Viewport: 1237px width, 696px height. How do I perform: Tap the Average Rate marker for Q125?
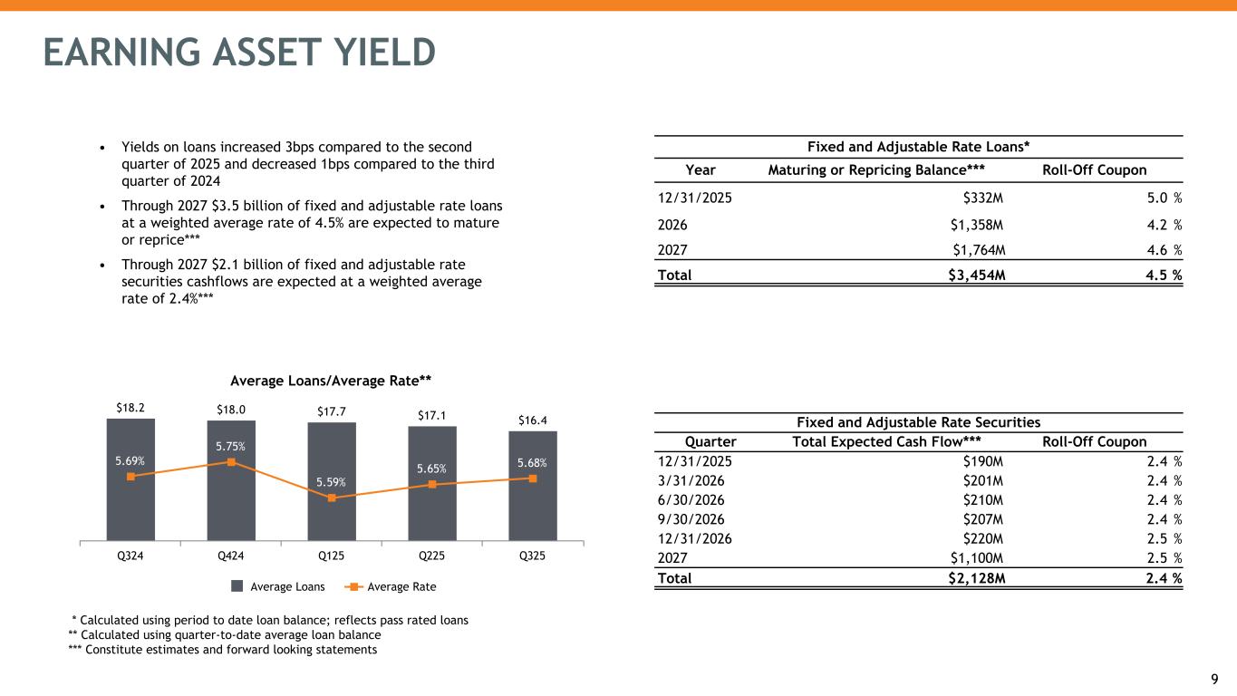click(x=332, y=498)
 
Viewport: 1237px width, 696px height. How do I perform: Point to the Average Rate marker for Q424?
click(x=231, y=462)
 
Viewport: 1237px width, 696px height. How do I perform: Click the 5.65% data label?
click(x=431, y=469)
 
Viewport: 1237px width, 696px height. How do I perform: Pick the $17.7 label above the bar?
click(x=331, y=412)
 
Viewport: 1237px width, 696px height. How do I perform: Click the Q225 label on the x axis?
click(x=431, y=557)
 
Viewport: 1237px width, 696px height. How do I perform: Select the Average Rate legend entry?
click(x=391, y=587)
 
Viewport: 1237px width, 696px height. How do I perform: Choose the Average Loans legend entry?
click(x=276, y=587)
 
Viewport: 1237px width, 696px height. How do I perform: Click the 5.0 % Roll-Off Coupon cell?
click(x=1162, y=198)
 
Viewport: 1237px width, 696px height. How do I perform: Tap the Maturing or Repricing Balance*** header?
click(x=876, y=169)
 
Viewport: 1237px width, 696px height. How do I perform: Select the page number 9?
click(x=1216, y=677)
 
